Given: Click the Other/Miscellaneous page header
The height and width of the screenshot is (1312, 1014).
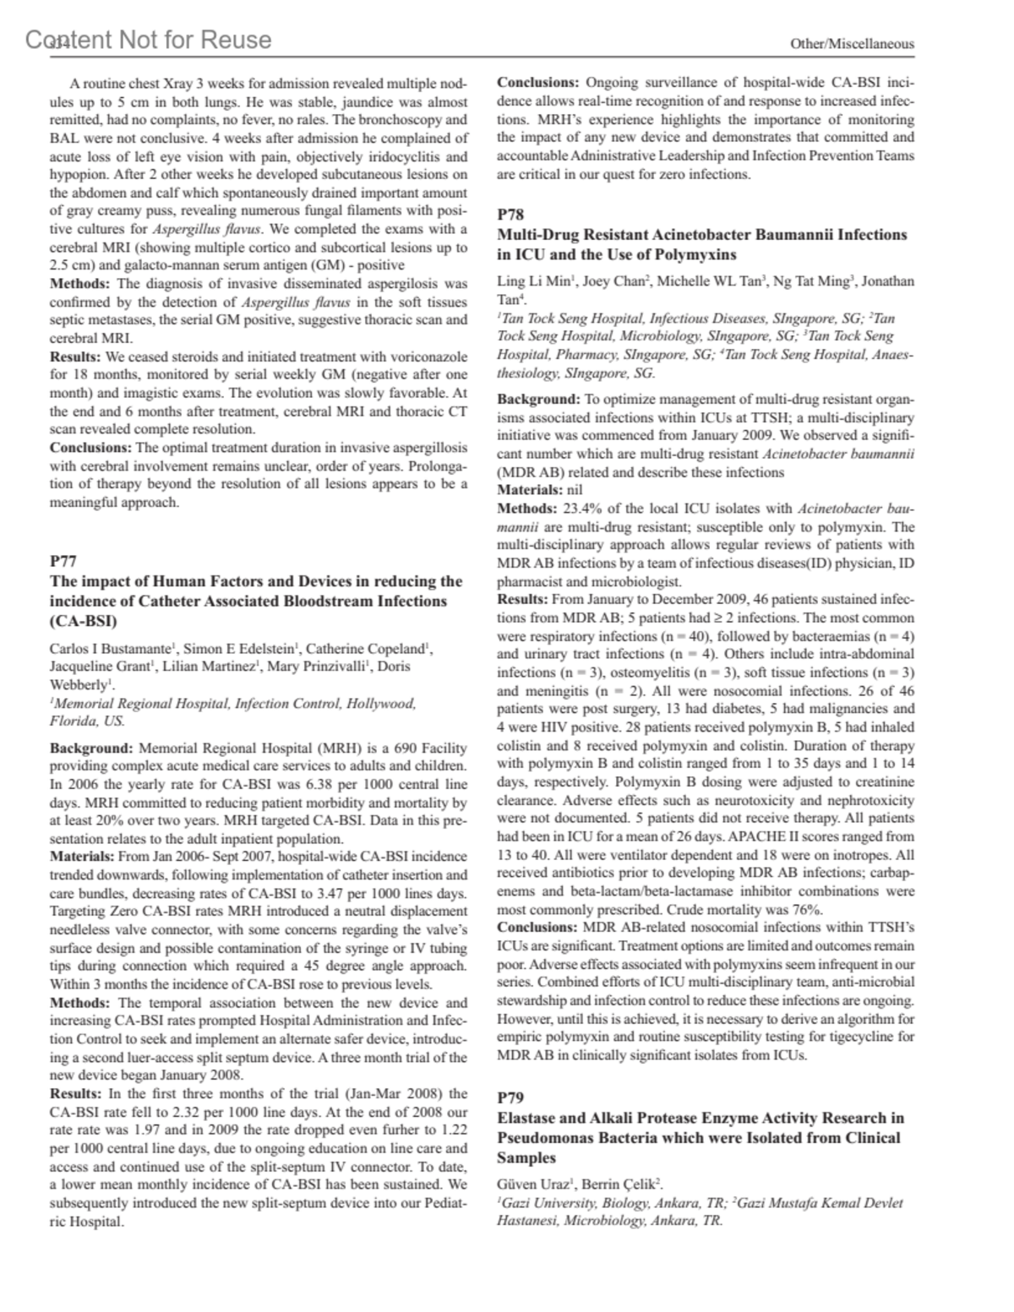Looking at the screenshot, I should point(852,43).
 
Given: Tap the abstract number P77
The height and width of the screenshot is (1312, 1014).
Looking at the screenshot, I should point(63,561).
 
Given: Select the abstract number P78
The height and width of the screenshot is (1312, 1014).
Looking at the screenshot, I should point(510,215).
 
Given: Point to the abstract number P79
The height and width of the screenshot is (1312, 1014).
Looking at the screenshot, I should point(510,1097).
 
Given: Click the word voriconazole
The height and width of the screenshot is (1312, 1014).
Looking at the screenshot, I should point(426,357).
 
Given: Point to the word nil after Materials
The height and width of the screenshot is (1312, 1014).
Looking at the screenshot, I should point(575,490).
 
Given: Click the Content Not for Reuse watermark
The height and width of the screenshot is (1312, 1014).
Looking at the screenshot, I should point(149,40).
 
